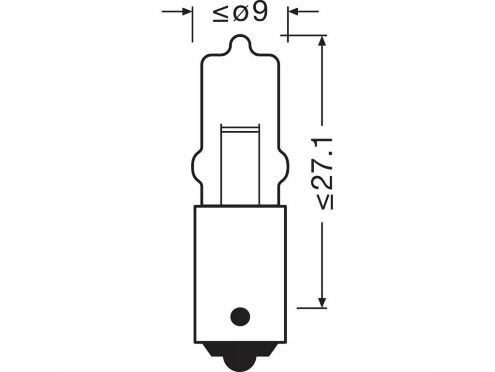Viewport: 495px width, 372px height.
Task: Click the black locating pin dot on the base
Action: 240,317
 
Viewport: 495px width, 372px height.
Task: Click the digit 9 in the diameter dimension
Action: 260,13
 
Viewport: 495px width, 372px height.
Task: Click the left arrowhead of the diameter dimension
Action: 187,12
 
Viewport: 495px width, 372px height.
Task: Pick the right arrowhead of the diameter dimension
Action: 293,12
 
